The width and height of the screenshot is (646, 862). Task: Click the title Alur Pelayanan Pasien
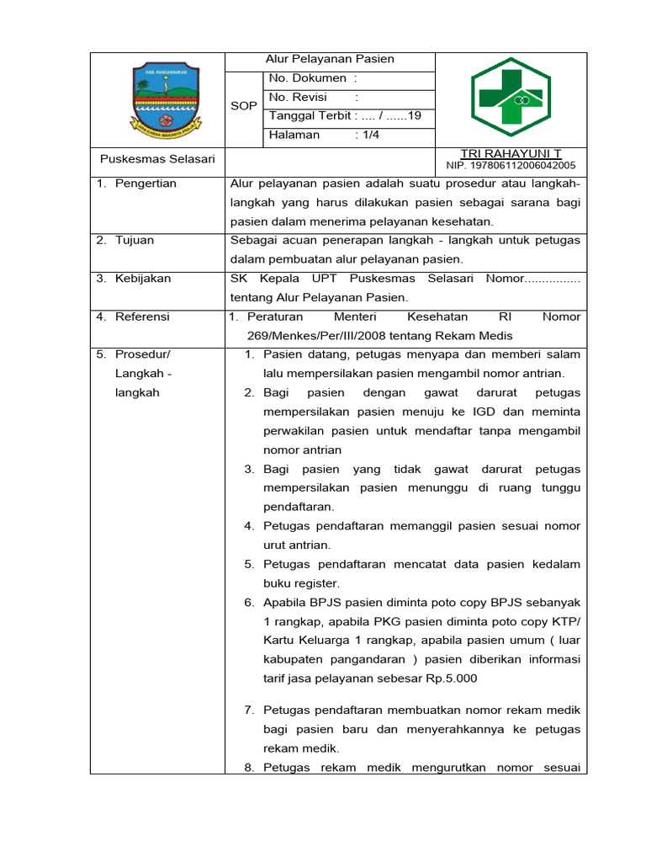tap(330, 59)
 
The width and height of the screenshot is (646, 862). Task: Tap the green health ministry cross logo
tap(510, 98)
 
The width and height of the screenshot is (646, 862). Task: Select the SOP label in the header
tap(244, 107)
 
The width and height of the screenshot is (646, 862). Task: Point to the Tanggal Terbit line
tap(338, 116)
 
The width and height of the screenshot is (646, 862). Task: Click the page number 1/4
tap(367, 135)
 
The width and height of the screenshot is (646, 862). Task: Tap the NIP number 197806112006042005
tap(511, 165)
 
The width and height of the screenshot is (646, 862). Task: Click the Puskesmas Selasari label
tap(157, 159)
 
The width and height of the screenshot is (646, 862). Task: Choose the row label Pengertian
tap(146, 184)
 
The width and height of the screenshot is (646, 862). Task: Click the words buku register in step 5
tap(301, 583)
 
